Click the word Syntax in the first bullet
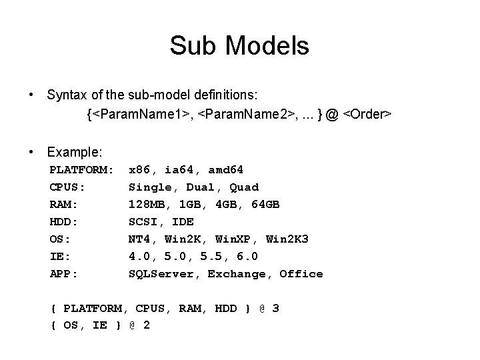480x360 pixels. (67, 95)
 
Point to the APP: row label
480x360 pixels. (64, 273)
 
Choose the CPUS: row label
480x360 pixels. (67, 187)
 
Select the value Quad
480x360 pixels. (245, 187)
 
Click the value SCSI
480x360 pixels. (144, 221)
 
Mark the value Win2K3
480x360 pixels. (287, 239)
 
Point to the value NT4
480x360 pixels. (140, 239)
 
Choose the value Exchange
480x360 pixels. (237, 273)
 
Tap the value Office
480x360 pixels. (301, 273)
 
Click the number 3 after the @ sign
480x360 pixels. (275, 308)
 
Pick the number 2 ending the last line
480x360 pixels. (146, 325)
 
